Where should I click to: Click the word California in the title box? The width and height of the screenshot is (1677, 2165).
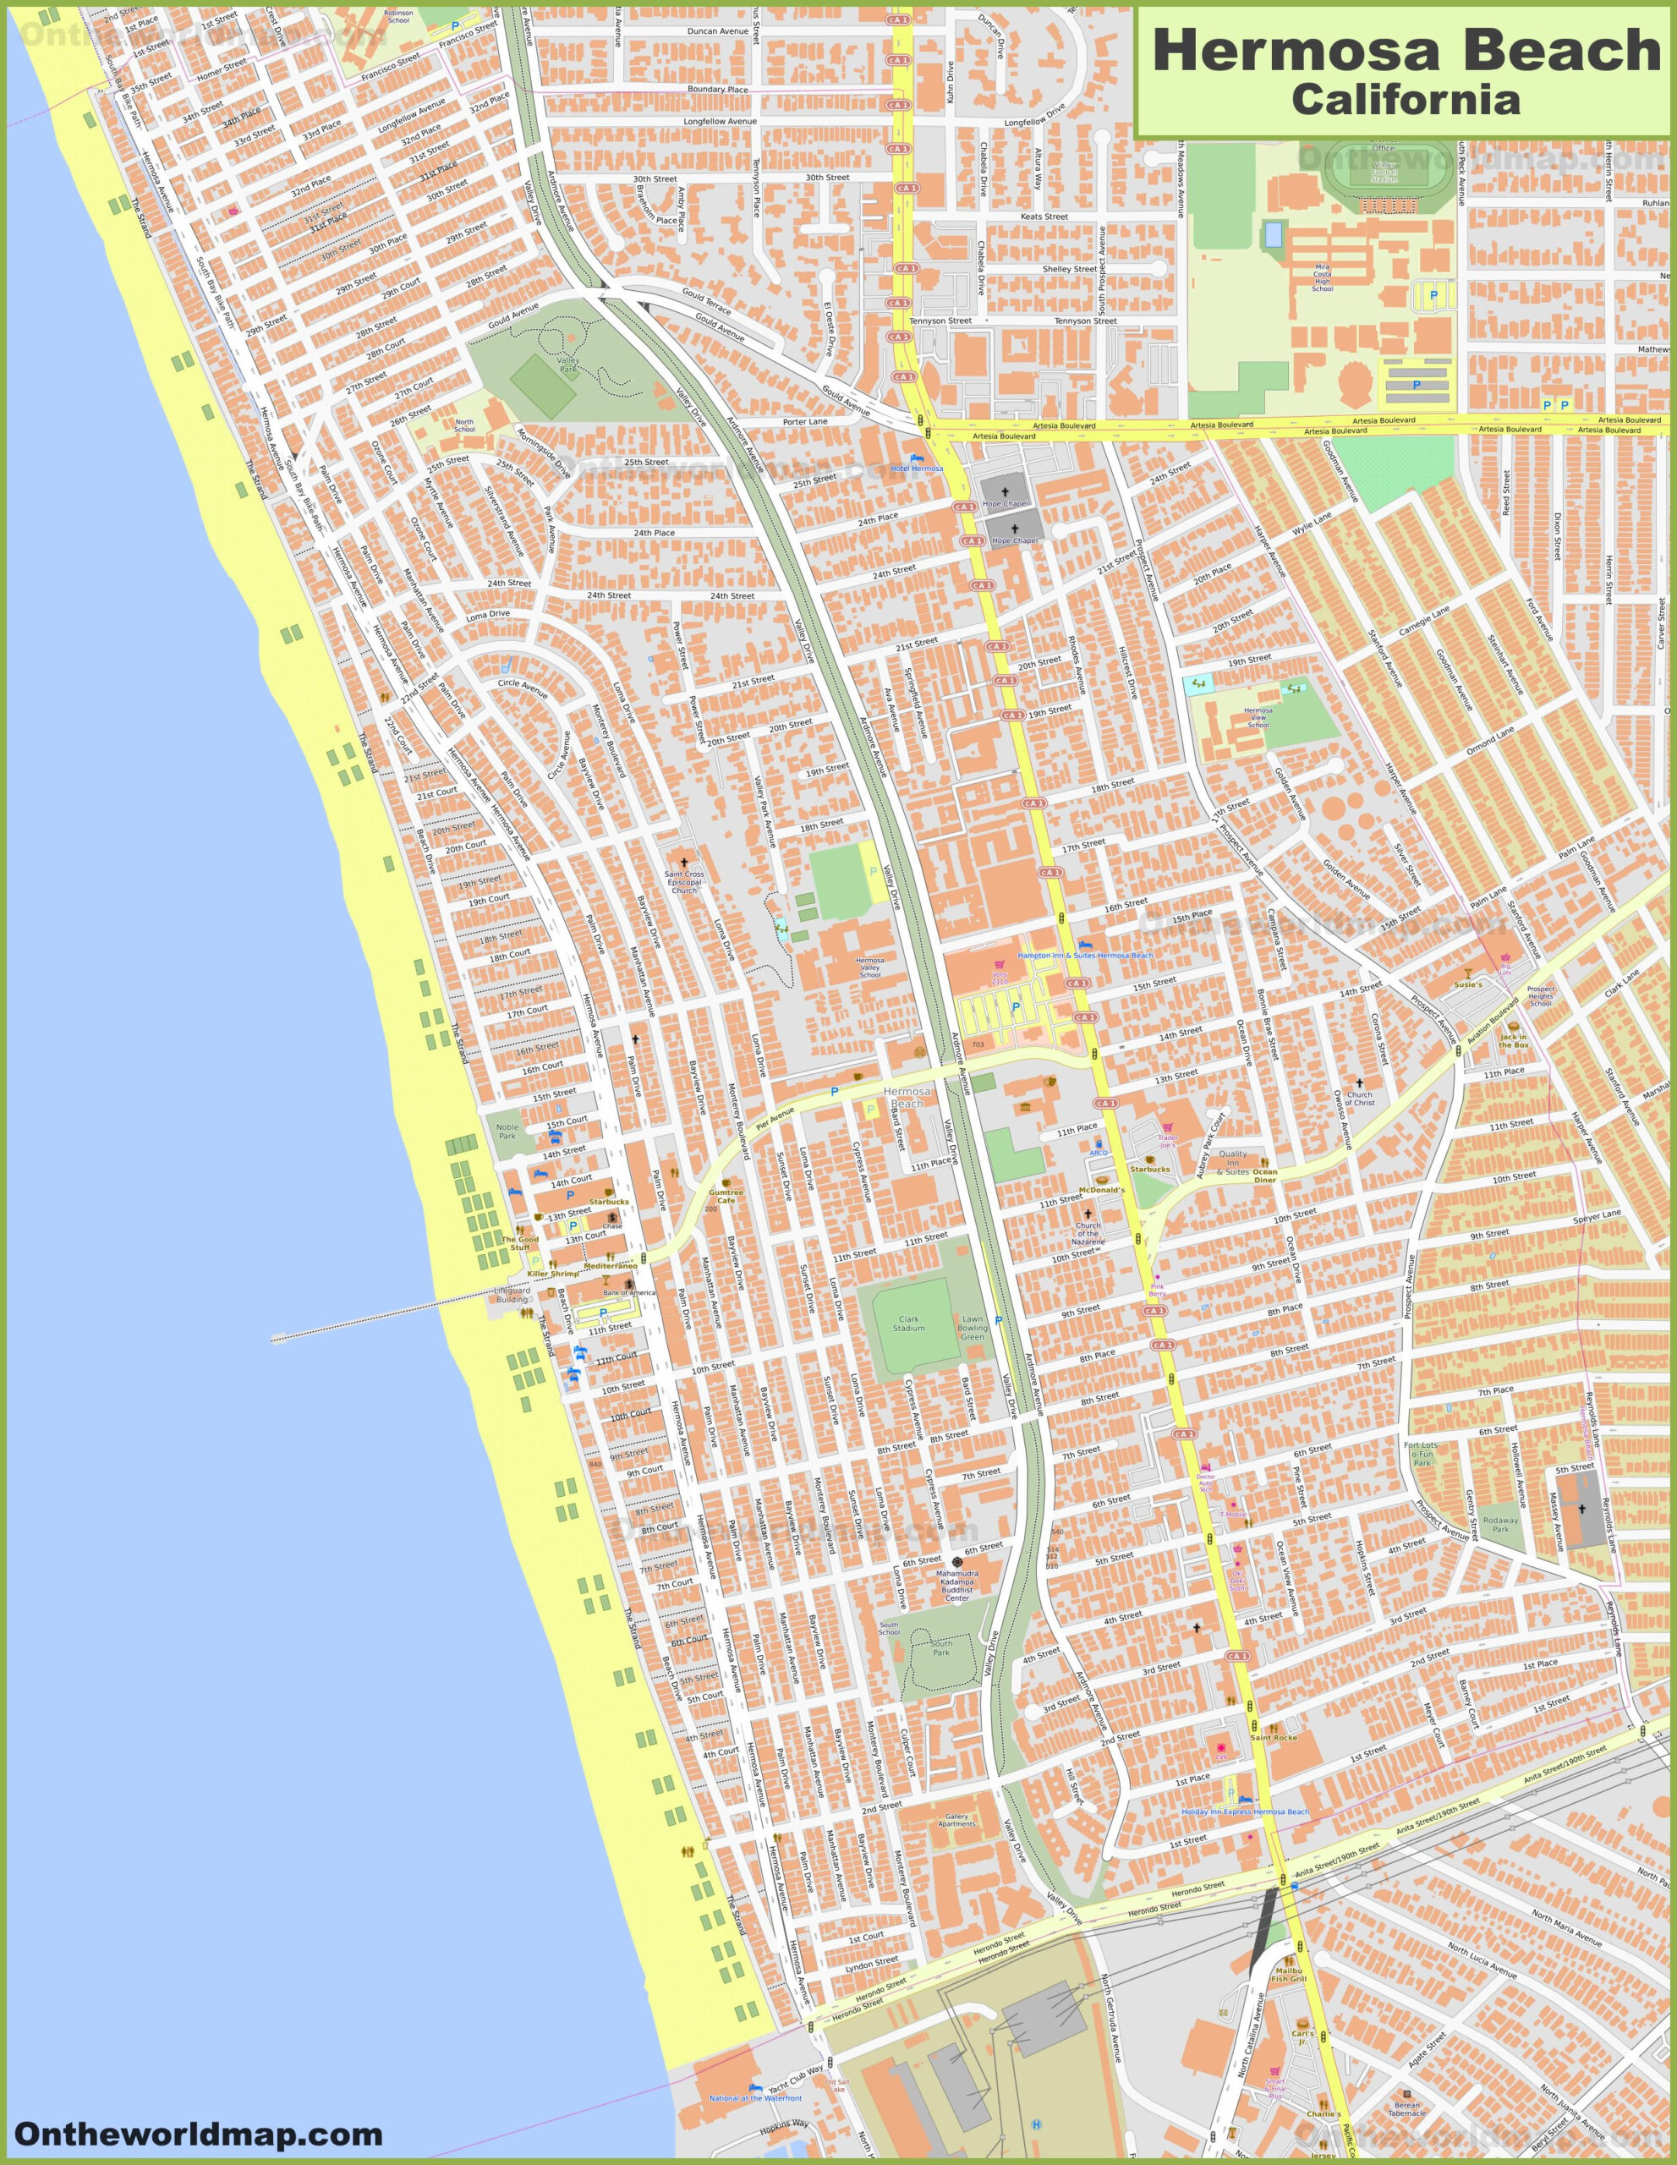pyautogui.click(x=1405, y=99)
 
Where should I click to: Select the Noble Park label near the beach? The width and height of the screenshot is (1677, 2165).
pyautogui.click(x=507, y=1130)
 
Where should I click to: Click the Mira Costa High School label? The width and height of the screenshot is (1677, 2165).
pyautogui.click(x=1322, y=277)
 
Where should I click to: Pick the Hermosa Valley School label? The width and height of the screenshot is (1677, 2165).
pyautogui.click(x=869, y=967)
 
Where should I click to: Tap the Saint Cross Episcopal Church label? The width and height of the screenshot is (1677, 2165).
pyautogui.click(x=684, y=881)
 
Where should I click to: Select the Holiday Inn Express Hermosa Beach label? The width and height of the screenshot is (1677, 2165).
pyautogui.click(x=1244, y=1811)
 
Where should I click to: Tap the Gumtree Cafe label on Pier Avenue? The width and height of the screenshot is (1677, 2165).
pyautogui.click(x=726, y=1196)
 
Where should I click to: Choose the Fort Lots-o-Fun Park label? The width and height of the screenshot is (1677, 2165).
pyautogui.click(x=1422, y=1453)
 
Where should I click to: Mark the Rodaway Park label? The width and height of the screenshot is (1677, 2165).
pyautogui.click(x=1499, y=1524)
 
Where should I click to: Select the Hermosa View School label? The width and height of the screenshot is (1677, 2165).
pyautogui.click(x=1258, y=716)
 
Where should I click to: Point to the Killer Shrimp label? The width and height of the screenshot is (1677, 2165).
pyautogui.click(x=553, y=1273)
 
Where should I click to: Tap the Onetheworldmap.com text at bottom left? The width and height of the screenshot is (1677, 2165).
pyautogui.click(x=198, y=2132)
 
